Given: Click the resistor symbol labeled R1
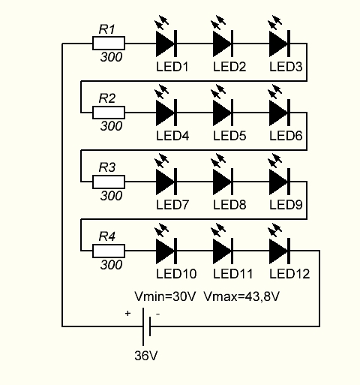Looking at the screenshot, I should click(109, 44).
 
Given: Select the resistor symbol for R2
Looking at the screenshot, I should click(109, 113).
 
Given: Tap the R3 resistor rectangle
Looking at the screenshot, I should click(109, 181).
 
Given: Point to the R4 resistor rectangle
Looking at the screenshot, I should click(109, 250).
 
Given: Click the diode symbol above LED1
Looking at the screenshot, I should click(166, 44).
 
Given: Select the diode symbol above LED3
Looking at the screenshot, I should click(279, 44).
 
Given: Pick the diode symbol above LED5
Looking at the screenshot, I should click(223, 113).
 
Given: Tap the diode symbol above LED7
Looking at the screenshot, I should click(166, 181).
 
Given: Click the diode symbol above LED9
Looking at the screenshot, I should click(279, 181).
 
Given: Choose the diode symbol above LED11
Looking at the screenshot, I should click(223, 250).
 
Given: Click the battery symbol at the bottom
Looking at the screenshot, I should click(150, 326).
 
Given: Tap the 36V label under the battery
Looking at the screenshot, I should click(147, 355).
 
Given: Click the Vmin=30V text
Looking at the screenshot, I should click(165, 296).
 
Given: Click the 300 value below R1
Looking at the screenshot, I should click(111, 59).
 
